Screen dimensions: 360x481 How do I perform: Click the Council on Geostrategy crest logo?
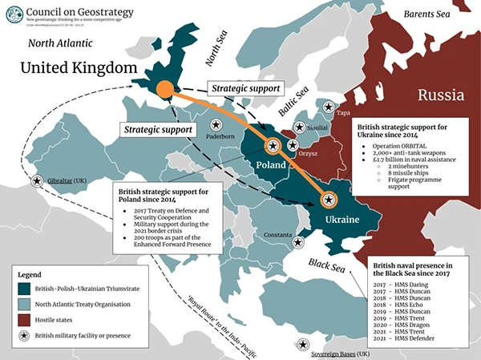(14, 13)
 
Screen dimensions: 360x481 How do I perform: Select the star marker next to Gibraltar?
(36, 181)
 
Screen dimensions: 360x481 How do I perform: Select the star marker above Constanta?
(297, 242)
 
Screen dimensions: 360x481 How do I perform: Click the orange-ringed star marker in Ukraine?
(329, 200)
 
